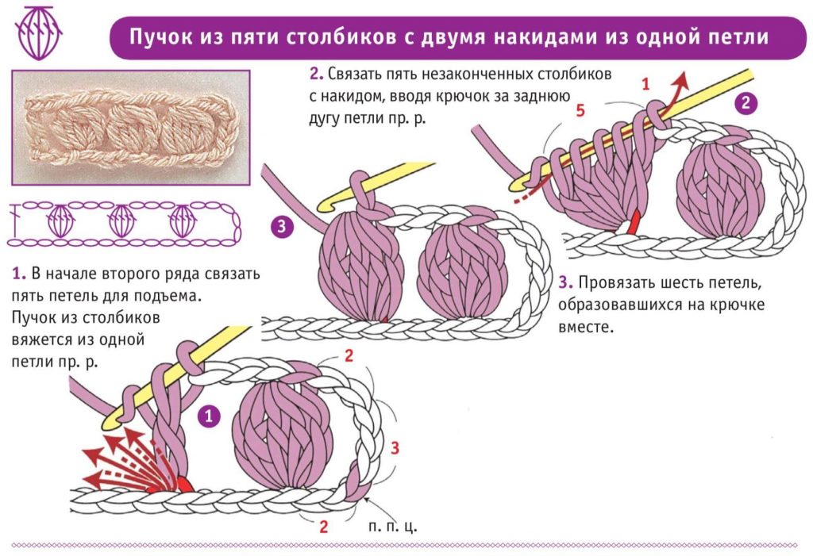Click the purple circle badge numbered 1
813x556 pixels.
pyautogui.click(x=209, y=416)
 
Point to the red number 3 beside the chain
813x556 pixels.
pyautogui.click(x=395, y=447)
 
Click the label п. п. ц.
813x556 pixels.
pyautogui.click(x=393, y=526)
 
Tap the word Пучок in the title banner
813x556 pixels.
pyautogui.click(x=158, y=37)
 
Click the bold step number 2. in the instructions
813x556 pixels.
pyautogui.click(x=317, y=75)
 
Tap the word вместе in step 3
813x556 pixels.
pyautogui.click(x=586, y=325)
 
